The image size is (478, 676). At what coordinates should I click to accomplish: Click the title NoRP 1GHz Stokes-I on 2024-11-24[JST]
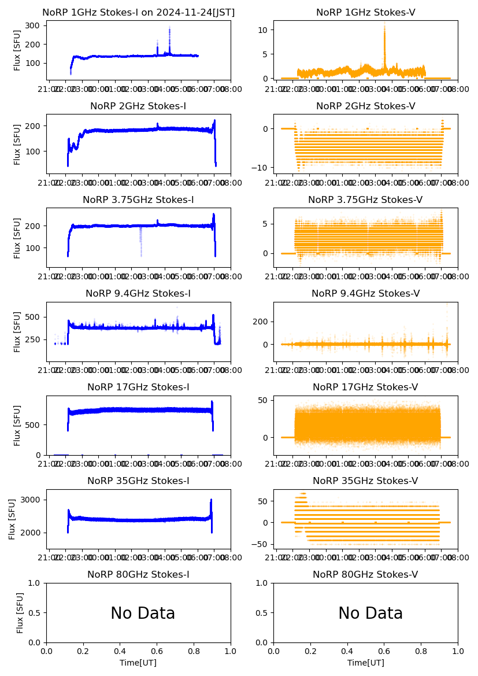[138, 12]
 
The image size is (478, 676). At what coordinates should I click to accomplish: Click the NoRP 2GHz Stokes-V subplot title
[365, 106]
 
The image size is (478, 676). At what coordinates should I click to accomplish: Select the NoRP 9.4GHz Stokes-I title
[138, 293]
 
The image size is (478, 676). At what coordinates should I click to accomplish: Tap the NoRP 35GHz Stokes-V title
[365, 481]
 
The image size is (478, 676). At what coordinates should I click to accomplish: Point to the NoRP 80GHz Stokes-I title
[138, 574]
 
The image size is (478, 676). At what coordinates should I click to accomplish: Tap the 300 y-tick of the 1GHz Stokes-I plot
[32, 25]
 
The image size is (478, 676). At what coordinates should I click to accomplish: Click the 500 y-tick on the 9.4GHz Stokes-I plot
[32, 317]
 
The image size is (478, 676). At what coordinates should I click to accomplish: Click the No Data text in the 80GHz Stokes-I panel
[143, 614]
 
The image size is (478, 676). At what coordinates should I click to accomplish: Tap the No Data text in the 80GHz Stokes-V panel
[370, 614]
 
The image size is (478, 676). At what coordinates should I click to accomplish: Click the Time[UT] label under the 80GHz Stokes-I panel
[138, 663]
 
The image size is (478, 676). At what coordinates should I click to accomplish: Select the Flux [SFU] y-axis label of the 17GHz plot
[17, 425]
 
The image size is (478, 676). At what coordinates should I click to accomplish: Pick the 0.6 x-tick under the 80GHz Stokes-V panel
[384, 652]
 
